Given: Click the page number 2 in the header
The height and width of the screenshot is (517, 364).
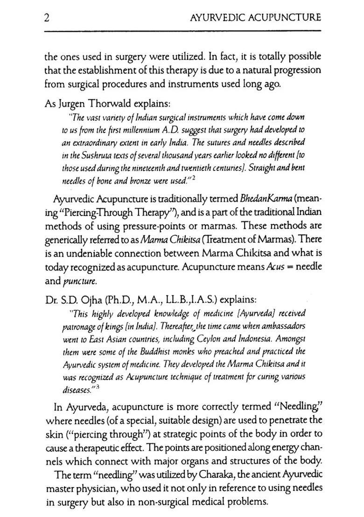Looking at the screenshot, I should coord(48,18).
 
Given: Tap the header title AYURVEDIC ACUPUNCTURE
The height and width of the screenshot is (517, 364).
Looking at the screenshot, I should coord(256,18).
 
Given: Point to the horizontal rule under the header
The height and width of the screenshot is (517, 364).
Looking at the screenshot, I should coord(182,31).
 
